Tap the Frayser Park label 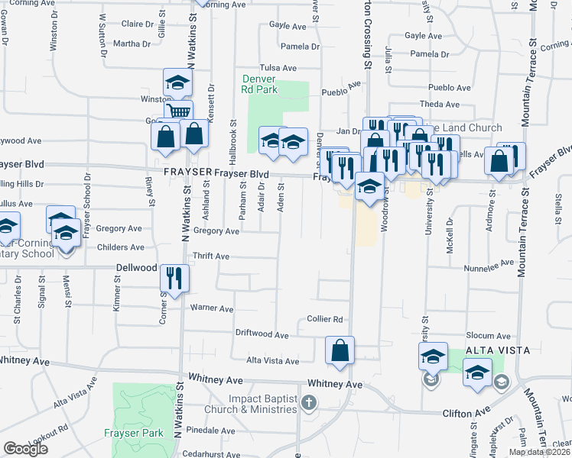[x=134, y=433]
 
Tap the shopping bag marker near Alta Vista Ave [x=340, y=350]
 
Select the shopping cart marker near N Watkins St [x=179, y=112]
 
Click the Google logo [x=25, y=449]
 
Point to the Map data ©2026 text [x=539, y=452]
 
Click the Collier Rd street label [x=324, y=319]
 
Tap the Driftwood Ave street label [x=262, y=334]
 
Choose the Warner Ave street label [x=211, y=308]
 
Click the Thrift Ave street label [x=211, y=256]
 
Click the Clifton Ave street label [x=466, y=413]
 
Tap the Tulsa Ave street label [x=278, y=68]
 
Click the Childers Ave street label [x=121, y=247]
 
